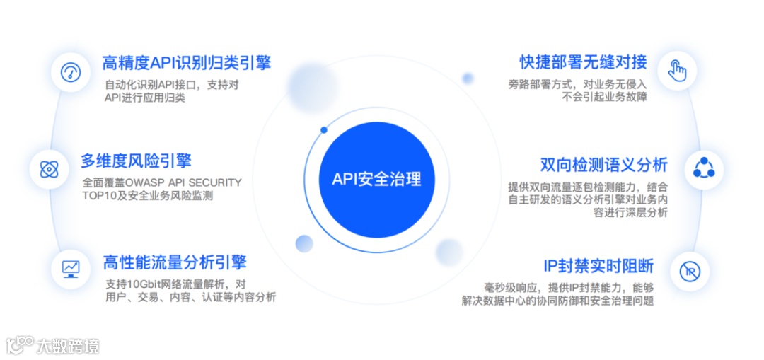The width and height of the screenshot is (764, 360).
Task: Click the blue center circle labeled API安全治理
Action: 376,180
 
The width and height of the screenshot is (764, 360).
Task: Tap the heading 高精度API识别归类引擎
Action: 187,62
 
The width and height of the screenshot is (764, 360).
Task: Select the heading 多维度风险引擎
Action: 136,160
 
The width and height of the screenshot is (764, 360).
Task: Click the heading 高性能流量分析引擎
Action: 175,262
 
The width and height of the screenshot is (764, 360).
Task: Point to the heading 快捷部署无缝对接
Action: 584,62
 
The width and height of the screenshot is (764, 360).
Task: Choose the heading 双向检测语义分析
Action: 603,165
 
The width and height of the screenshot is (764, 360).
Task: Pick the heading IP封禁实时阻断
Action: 598,267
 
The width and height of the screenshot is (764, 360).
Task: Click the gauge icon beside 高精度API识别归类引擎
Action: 71,72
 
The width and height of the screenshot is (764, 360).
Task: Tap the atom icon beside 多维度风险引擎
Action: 49,170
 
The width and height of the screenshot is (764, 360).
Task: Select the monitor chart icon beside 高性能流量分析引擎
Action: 71,268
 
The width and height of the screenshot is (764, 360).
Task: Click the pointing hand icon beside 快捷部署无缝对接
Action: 678,71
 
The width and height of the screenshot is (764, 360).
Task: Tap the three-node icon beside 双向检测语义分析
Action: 704,168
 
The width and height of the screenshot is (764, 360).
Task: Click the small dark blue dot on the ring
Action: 324,130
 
